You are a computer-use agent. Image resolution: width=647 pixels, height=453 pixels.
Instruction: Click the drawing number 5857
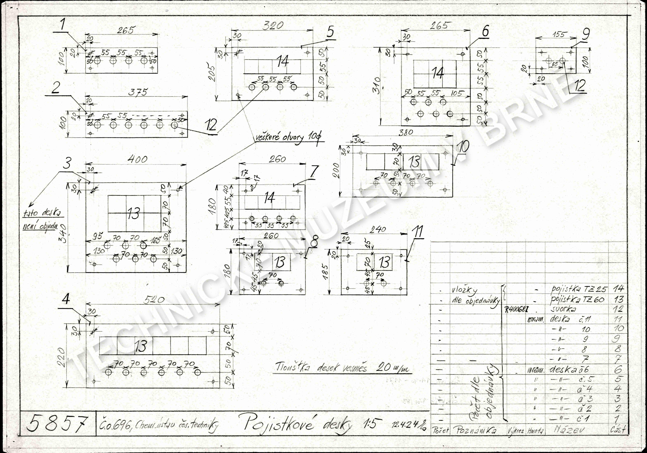click(x=57, y=423)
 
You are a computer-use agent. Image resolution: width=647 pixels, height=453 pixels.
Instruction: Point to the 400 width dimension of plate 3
click(x=137, y=160)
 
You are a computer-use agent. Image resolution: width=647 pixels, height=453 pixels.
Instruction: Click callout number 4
click(x=66, y=300)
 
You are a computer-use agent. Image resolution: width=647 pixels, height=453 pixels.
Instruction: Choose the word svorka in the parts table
click(x=564, y=309)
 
